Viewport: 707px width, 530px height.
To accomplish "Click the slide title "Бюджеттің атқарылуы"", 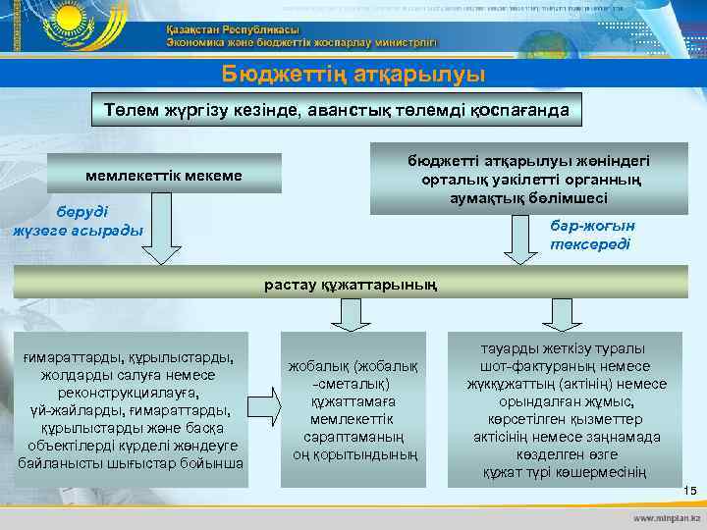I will pyautogui.click(x=353, y=74).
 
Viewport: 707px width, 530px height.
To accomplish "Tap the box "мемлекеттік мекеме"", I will pyautogui.click(x=164, y=174).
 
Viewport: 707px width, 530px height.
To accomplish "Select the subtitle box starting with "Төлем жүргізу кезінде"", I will pyautogui.click(x=345, y=111).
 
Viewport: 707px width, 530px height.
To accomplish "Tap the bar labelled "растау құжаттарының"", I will pyautogui.click(x=353, y=285).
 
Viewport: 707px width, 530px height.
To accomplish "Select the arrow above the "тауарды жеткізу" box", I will pyautogui.click(x=562, y=313).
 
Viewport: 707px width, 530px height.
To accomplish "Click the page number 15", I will pyautogui.click(x=688, y=490).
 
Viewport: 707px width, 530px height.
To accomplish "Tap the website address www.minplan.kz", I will pyautogui.click(x=667, y=516).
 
